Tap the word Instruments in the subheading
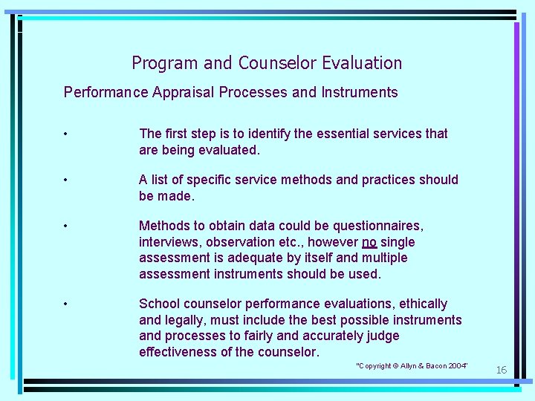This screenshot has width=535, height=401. (x=360, y=93)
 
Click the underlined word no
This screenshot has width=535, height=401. (x=369, y=242)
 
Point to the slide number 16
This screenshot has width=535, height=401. (x=501, y=370)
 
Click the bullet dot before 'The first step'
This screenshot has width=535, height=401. (x=67, y=134)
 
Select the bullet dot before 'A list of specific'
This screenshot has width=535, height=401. (x=67, y=180)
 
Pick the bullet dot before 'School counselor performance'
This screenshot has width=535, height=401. (x=67, y=304)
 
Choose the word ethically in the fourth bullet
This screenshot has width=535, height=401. (x=423, y=304)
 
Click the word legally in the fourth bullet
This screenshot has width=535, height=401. (x=185, y=320)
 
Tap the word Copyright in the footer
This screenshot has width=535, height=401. (x=377, y=366)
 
